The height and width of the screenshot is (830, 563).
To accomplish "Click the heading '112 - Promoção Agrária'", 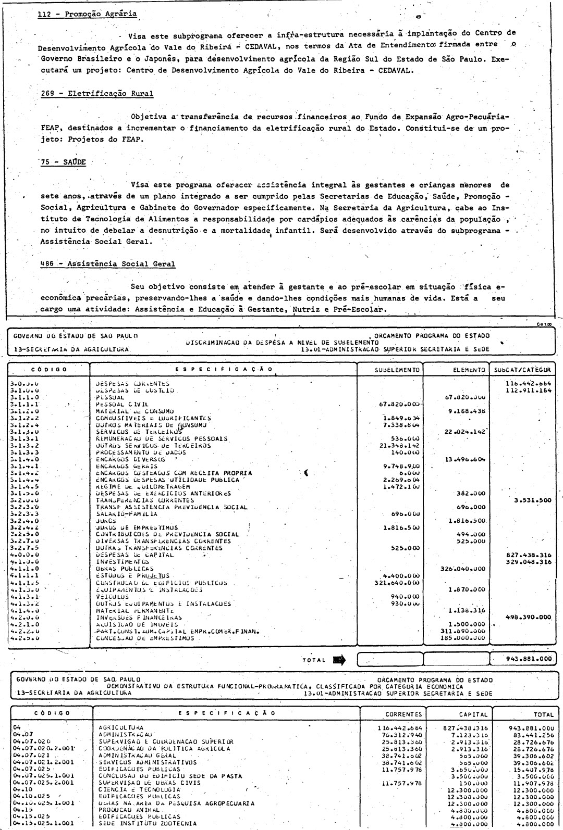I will [x=88, y=14].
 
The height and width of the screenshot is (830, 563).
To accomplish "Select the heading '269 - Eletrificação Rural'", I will [x=97, y=94].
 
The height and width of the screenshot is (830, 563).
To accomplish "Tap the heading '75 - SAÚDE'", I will [x=63, y=161].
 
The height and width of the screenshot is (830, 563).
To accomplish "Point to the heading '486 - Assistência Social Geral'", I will [x=108, y=264].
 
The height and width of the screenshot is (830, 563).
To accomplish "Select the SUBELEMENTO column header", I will [x=389, y=370].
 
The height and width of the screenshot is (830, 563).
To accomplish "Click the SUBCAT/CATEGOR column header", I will [x=523, y=370].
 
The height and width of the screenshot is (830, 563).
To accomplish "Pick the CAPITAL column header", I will [x=473, y=714].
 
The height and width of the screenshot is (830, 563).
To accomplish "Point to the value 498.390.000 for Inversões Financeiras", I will [x=529, y=617].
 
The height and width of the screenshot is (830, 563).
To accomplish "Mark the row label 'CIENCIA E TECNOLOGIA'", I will [x=139, y=789].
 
